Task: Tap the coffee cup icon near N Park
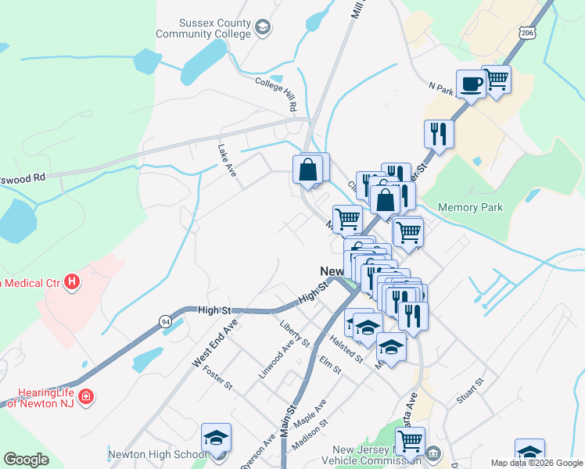471,84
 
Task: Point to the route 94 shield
165,321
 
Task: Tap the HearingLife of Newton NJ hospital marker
87,397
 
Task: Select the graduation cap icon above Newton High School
217,438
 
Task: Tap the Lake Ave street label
227,159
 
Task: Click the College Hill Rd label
277,93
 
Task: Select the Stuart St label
471,389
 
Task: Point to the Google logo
27,460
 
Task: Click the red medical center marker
72,281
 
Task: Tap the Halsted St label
347,346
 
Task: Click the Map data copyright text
536,463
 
